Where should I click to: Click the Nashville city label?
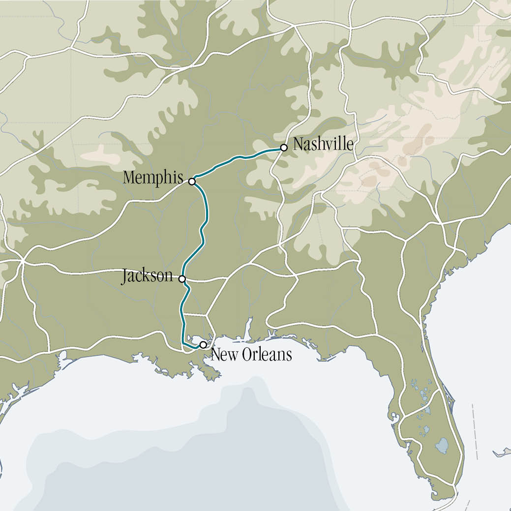point(323,145)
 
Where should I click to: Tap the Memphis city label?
point(153,178)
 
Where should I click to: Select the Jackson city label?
point(147,276)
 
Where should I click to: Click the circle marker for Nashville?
point(284,148)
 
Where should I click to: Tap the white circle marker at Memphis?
point(192,181)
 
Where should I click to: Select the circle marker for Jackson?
point(182,279)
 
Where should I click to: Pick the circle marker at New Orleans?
point(203,345)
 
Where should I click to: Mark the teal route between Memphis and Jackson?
point(203,231)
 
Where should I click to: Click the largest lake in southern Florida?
point(442,446)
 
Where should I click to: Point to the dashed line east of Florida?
point(476,428)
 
